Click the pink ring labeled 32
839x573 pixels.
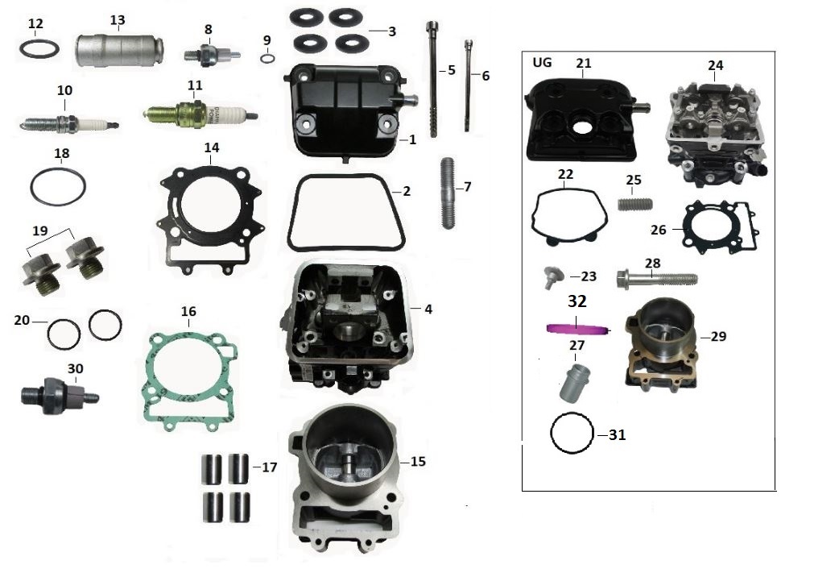click(576, 328)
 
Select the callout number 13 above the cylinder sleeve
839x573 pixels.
click(118, 20)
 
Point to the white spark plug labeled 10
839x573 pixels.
click(71, 124)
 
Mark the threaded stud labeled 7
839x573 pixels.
click(448, 193)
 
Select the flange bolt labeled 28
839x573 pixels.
click(655, 280)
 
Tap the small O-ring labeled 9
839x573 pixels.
click(267, 58)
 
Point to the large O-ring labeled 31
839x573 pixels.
click(572, 434)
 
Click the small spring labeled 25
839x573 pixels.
click(633, 203)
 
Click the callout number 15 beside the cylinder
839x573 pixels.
click(417, 462)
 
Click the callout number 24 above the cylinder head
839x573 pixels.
click(715, 65)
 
